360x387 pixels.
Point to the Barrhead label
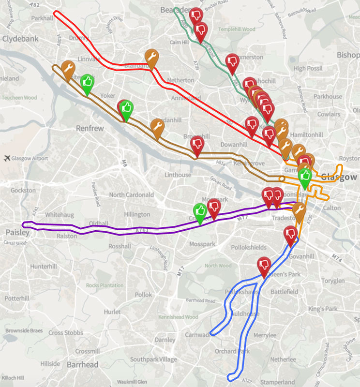point(82,364)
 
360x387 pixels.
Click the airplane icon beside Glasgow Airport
point(6,158)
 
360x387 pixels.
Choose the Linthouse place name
point(178,175)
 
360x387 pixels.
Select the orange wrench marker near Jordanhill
point(157,127)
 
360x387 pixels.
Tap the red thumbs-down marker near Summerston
point(233,61)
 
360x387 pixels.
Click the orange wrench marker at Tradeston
point(299,210)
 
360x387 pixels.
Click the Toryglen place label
point(334,281)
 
